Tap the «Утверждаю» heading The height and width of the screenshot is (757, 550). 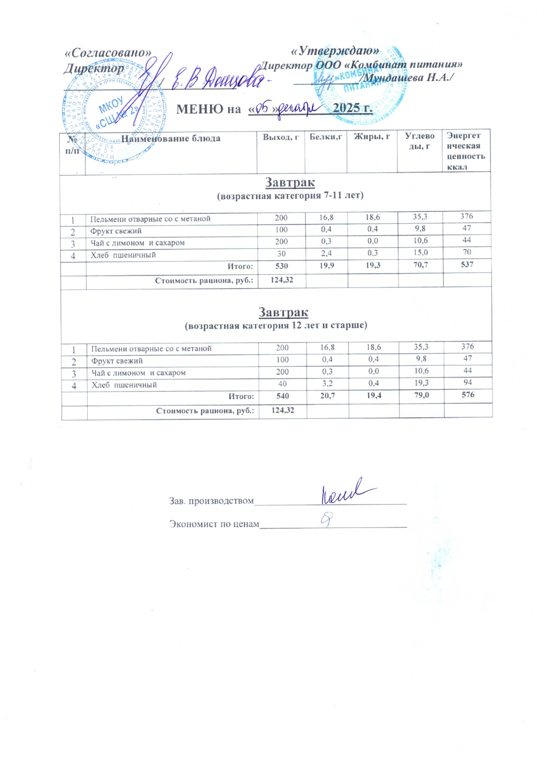(x=335, y=51)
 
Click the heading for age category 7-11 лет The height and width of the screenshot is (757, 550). (x=290, y=195)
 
